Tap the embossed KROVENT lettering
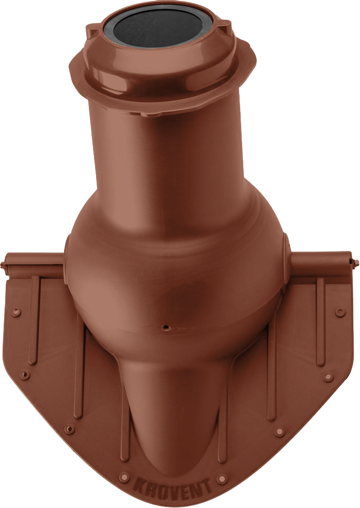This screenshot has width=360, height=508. (172, 486)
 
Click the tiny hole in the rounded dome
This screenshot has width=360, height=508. (165, 327)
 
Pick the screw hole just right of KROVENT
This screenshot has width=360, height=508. (222, 479)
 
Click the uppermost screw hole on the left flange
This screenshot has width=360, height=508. (15, 312)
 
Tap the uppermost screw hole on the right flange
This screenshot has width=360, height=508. (340, 312)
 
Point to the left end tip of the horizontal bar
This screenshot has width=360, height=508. (2, 265)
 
